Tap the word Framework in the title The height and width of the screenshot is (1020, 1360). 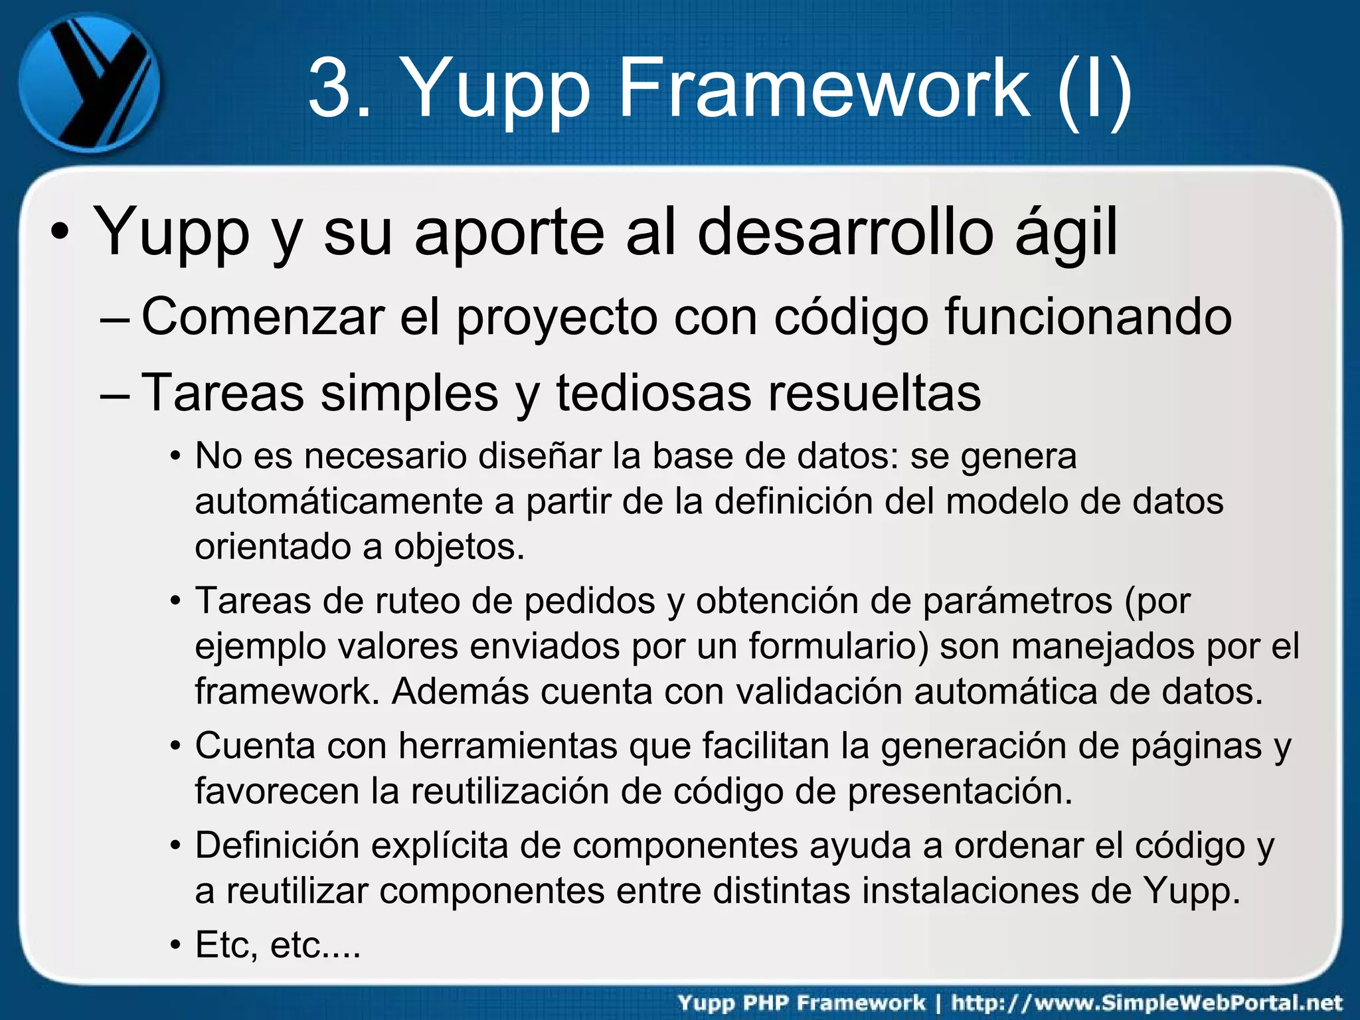823,88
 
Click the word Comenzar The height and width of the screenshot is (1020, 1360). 263,317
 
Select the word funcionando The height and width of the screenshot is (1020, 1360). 1088,317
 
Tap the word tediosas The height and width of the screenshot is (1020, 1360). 653,392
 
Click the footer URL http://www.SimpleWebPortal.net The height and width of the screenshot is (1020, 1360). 1147,1003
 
